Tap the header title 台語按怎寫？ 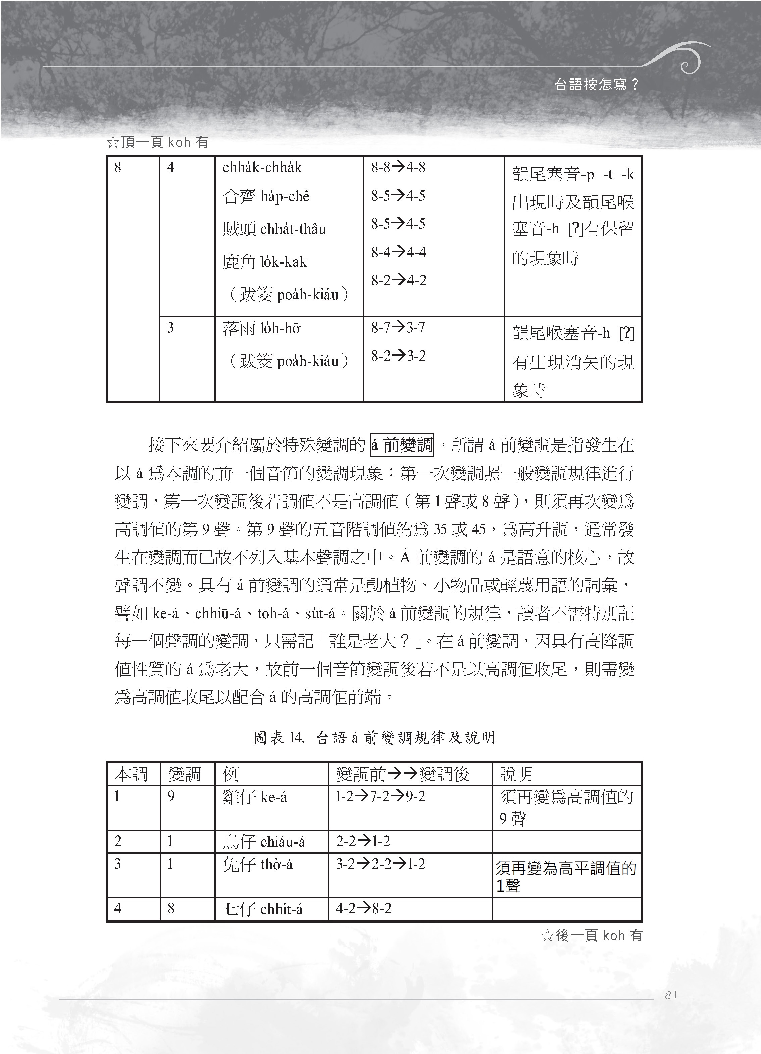(x=597, y=85)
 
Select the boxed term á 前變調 (x=402, y=445)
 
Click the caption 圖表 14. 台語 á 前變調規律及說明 (x=374, y=738)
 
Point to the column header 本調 (x=131, y=774)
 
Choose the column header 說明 (x=516, y=774)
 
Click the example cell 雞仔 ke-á (x=255, y=797)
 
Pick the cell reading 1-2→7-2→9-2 (x=380, y=797)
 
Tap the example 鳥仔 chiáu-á (x=264, y=841)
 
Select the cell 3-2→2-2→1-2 (x=380, y=863)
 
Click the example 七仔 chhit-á (x=263, y=908)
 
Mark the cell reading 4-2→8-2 (x=363, y=908)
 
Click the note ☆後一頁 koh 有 (x=591, y=936)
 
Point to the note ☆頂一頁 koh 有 (x=157, y=142)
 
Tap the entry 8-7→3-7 (x=398, y=328)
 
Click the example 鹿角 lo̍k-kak (x=264, y=262)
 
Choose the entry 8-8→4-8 (x=398, y=167)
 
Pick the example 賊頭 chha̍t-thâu (x=274, y=229)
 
